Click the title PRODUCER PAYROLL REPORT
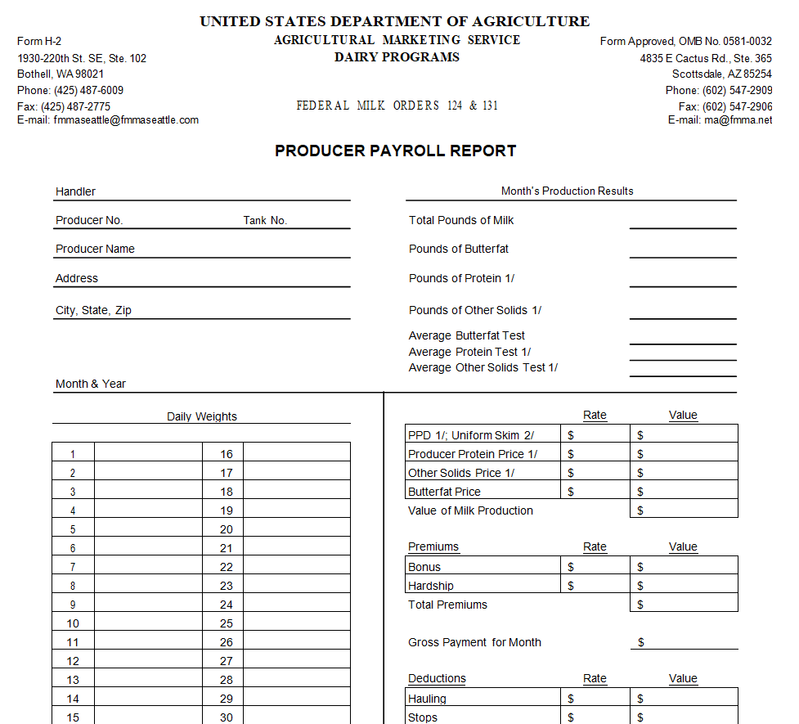coord(395,151)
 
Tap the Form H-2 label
coord(39,42)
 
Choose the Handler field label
coord(75,191)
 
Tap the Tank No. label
coord(265,220)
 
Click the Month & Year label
coord(91,384)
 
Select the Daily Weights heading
coord(201,416)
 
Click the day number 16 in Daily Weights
coord(227,454)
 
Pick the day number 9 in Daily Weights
coord(73,605)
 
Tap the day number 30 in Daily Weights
coord(227,717)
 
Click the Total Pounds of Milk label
coord(461,220)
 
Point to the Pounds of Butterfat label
coord(459,249)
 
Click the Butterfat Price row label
coord(444,492)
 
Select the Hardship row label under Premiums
coord(431,586)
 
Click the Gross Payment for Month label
coord(474,642)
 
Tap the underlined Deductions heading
coord(437,678)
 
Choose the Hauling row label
coord(428,699)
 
